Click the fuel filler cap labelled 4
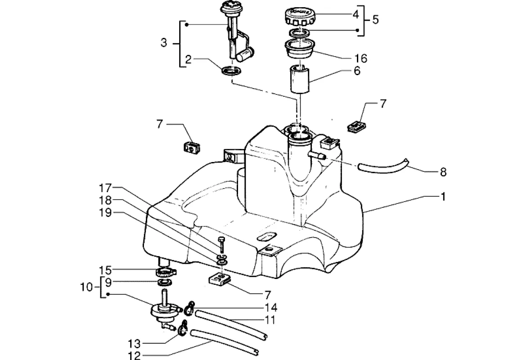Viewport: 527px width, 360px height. pos(300,17)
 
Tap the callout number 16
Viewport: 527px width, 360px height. pos(361,58)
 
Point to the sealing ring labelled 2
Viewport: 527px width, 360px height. pos(231,71)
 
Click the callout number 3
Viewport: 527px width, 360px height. pos(164,43)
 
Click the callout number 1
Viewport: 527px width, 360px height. pos(443,196)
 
